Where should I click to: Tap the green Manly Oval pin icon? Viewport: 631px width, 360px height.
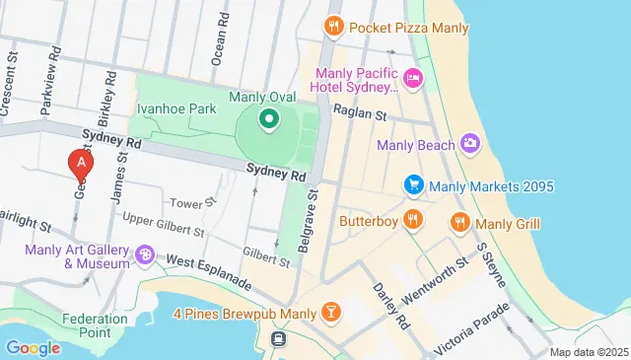click(x=268, y=120)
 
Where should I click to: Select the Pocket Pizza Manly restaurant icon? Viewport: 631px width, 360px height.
click(x=335, y=27)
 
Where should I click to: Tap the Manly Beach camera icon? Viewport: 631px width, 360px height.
click(x=470, y=145)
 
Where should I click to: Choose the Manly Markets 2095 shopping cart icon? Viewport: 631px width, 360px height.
click(x=414, y=185)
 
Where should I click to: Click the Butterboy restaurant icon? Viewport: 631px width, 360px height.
click(x=413, y=221)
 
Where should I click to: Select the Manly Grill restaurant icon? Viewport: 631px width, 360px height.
click(x=458, y=223)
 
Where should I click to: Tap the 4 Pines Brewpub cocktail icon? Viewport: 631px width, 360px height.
click(x=331, y=314)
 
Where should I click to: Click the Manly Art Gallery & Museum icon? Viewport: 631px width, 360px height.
click(x=145, y=255)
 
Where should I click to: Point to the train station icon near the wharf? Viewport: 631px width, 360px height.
click(x=280, y=339)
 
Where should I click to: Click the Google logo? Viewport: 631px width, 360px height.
click(x=33, y=347)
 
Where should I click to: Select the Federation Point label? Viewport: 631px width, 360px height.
click(x=95, y=324)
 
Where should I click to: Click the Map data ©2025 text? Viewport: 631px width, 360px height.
click(x=588, y=352)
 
